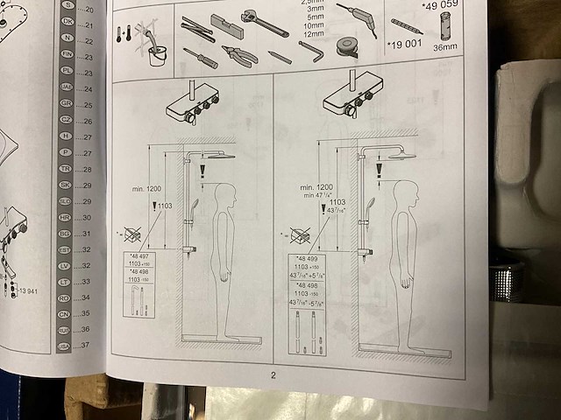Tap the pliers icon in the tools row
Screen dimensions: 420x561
[239, 56]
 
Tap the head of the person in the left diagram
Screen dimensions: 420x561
[226, 194]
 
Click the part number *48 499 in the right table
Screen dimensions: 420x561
[306, 259]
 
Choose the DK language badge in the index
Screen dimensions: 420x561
[67, 24]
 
